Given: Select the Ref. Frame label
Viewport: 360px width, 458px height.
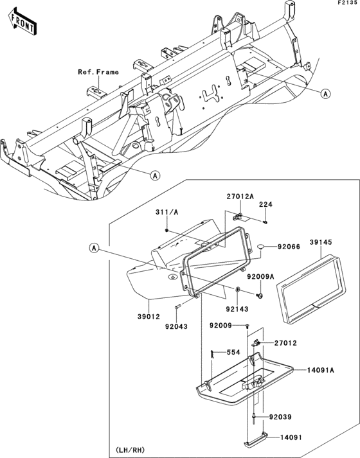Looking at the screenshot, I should pos(98,72).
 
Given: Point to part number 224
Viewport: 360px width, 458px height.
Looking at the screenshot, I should pos(265,205).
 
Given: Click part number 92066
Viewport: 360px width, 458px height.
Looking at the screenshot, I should pos(289,246).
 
